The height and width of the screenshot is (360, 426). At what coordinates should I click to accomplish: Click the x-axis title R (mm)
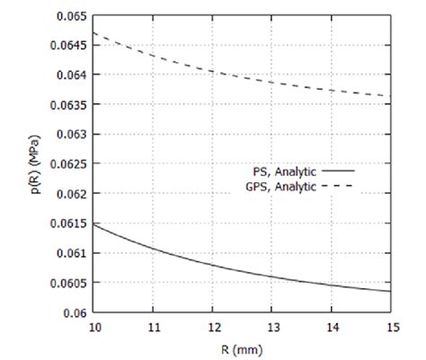(x=243, y=347)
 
